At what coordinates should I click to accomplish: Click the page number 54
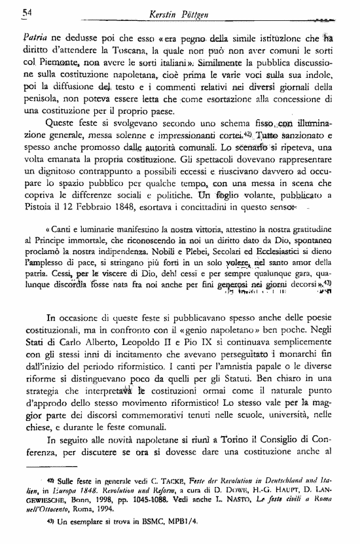tap(27, 12)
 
